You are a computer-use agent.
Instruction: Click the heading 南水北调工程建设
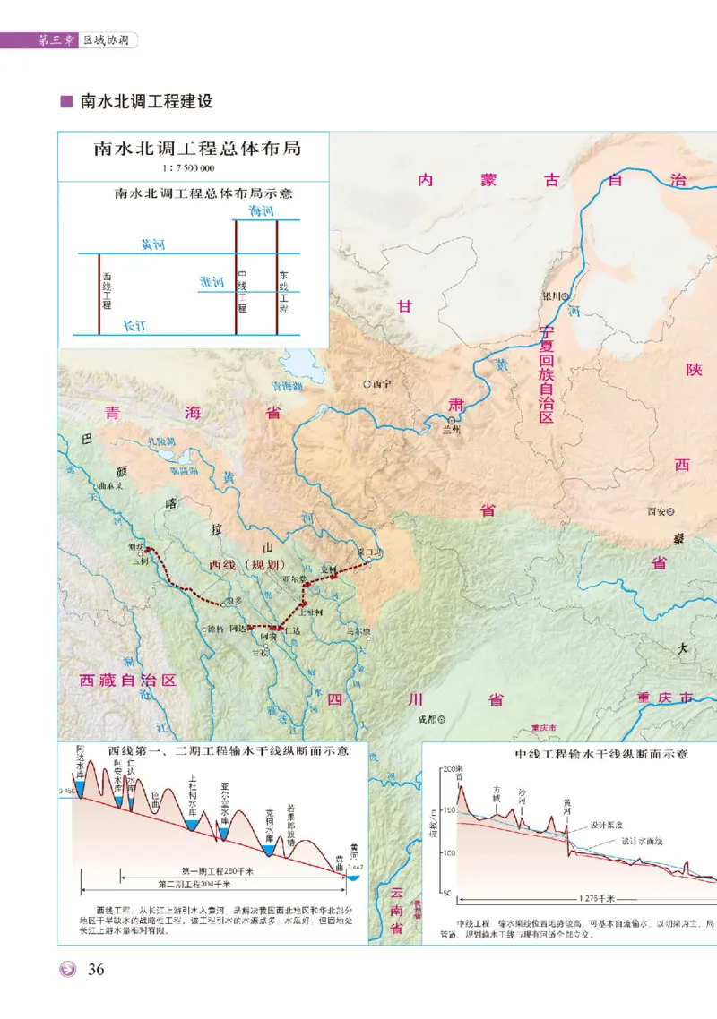click(146, 101)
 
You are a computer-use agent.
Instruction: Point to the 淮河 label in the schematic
click(212, 281)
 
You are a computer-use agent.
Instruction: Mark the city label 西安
click(659, 512)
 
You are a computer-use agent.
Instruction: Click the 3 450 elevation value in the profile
click(65, 792)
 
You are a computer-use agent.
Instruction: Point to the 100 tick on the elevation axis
click(448, 852)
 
